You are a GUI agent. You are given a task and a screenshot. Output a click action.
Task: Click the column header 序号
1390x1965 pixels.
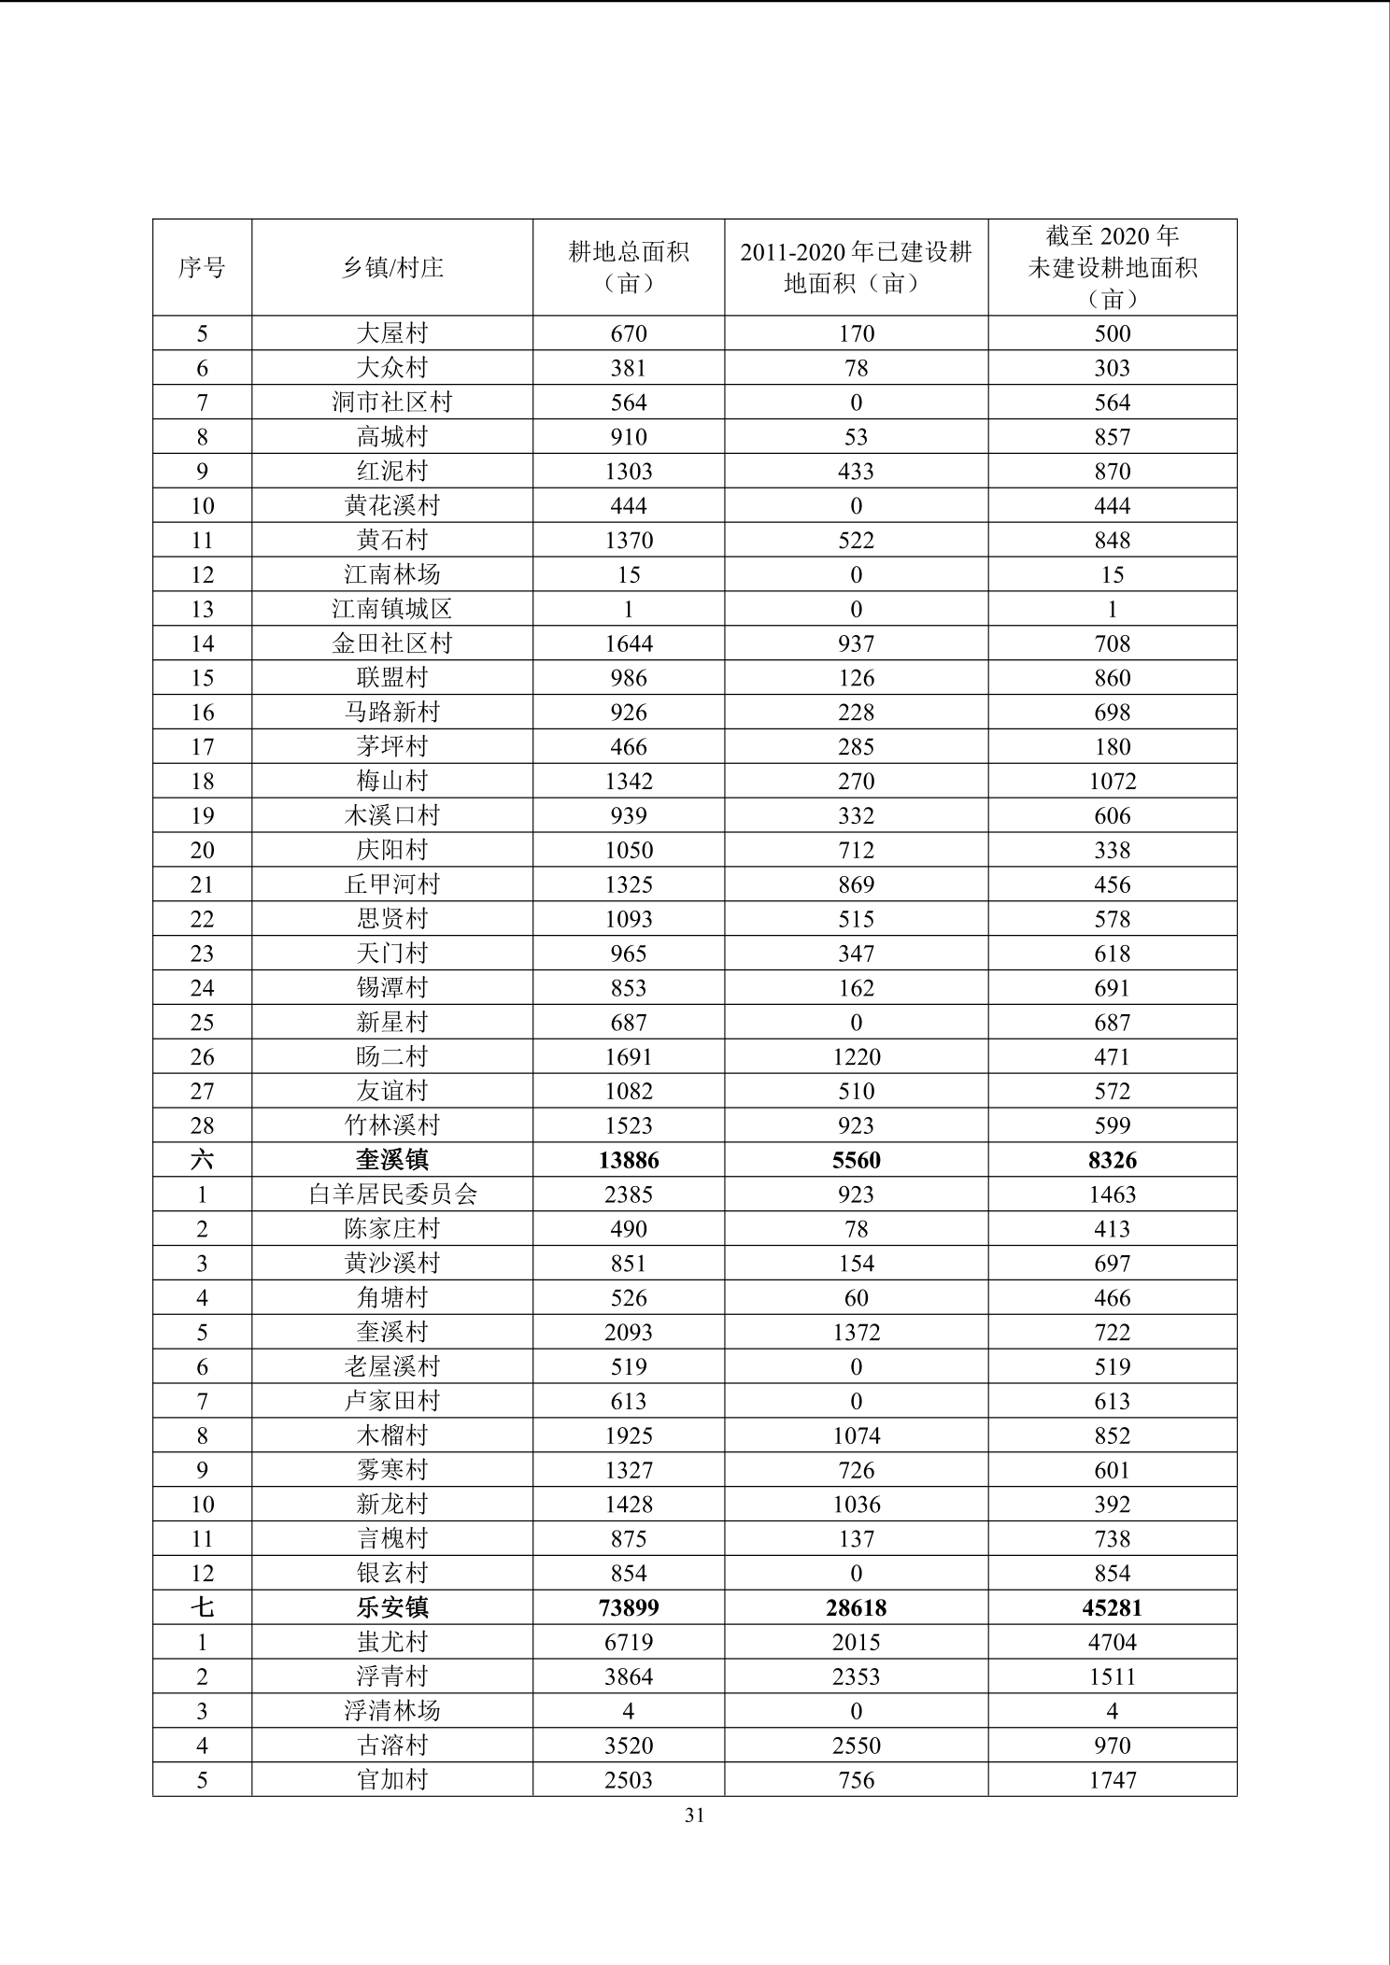pos(202,268)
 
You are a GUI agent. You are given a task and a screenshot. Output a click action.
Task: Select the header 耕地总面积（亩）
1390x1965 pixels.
pos(629,267)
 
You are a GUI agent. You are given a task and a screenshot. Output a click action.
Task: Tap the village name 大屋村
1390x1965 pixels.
pos(392,333)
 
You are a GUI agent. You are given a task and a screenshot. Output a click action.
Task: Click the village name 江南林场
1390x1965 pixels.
pos(392,574)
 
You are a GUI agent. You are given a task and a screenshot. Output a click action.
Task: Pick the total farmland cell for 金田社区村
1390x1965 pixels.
pos(629,643)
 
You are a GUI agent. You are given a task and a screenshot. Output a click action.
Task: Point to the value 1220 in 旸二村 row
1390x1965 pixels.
pos(856,1057)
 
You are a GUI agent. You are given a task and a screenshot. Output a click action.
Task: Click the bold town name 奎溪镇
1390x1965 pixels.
pos(392,1160)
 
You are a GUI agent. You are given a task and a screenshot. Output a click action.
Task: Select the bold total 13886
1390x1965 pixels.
pos(629,1160)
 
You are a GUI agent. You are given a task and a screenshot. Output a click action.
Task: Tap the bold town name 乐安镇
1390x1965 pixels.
pos(392,1608)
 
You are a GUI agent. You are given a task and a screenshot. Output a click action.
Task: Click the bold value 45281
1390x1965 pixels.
pos(1112,1608)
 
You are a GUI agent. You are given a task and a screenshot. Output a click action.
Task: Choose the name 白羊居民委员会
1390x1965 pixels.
pos(392,1195)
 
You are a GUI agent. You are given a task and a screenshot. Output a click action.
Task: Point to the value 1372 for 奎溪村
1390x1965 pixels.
pos(856,1333)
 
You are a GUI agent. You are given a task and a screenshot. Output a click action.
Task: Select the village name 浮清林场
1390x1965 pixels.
pos(392,1711)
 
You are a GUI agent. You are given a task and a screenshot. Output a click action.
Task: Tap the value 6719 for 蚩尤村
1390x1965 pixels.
pos(629,1643)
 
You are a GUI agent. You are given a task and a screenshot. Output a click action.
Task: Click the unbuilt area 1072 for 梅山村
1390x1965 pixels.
pos(1112,782)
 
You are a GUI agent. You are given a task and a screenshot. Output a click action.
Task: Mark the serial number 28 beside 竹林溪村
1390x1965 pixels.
pos(202,1125)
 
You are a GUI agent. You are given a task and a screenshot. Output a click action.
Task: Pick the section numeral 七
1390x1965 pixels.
pos(202,1608)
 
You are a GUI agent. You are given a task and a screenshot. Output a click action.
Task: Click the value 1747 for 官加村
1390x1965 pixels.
pos(1112,1780)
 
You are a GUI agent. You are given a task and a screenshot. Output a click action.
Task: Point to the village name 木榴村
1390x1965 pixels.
pos(392,1435)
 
